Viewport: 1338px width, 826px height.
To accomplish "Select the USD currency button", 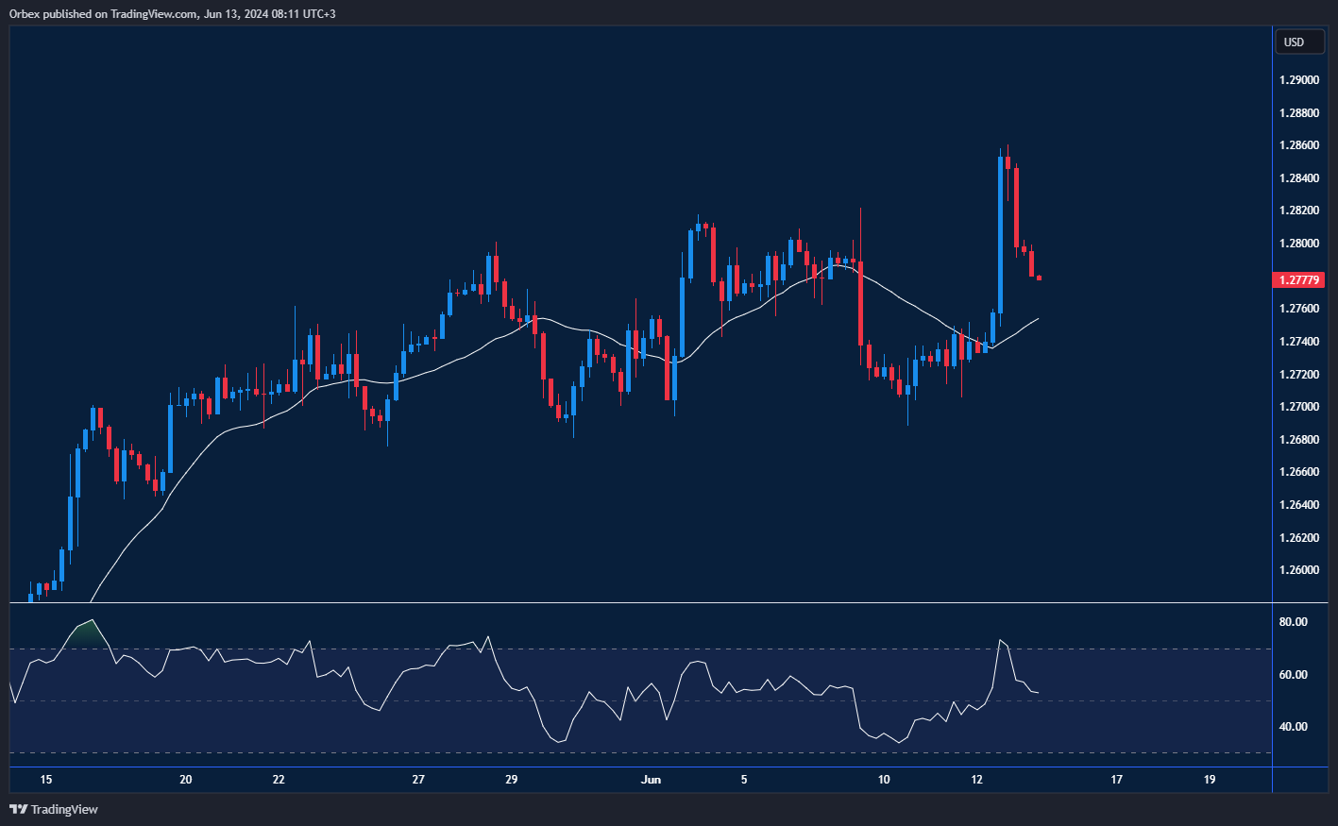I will click(1294, 42).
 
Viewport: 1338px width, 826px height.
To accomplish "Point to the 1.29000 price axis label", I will click(1299, 80).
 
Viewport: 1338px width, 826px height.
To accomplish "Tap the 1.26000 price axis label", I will click(1299, 570).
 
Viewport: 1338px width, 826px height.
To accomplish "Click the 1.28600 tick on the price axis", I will click(1299, 145).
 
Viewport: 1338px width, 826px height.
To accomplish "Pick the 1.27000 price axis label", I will click(1299, 407).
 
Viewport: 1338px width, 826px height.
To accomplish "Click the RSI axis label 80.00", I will click(1294, 622).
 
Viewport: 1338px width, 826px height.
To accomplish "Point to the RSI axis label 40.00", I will click(1294, 727).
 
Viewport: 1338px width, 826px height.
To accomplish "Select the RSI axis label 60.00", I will click(1294, 675).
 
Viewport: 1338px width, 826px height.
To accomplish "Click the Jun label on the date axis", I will click(651, 780).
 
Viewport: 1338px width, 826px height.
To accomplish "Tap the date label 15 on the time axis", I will click(46, 780).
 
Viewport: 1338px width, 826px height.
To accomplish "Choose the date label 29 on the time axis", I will click(511, 780).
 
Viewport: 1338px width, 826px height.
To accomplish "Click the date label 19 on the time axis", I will click(1210, 780).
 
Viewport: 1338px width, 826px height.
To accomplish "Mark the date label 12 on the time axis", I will click(976, 780).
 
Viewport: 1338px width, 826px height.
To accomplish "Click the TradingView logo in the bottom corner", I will click(54, 809).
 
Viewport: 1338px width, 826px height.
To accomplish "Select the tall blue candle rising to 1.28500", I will click(1000, 234).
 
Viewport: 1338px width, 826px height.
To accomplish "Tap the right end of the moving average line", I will click(1038, 319).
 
